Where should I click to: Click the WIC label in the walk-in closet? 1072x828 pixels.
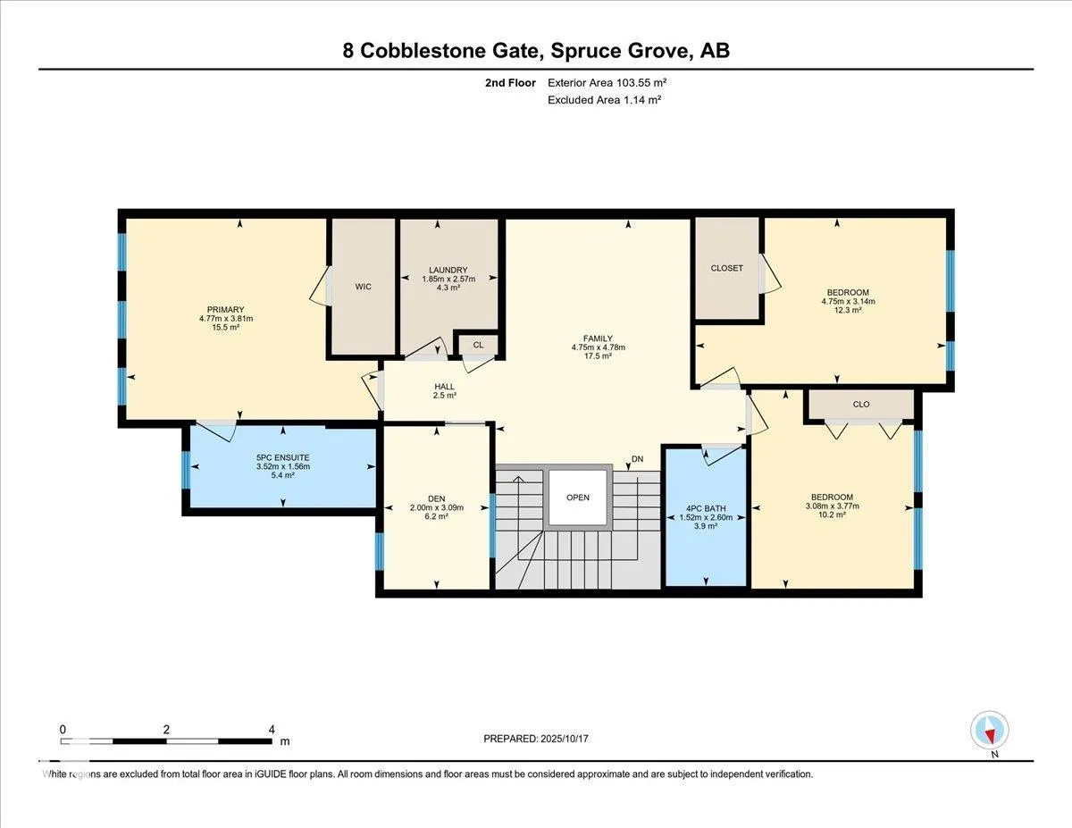pyautogui.click(x=363, y=287)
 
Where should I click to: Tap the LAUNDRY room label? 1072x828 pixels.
pyautogui.click(x=448, y=271)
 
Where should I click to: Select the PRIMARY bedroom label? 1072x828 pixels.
pyautogui.click(x=225, y=310)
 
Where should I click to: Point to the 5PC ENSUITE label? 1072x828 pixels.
pyautogui.click(x=282, y=457)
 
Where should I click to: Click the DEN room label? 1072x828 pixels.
pyautogui.click(x=436, y=498)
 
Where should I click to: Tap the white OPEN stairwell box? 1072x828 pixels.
pyautogui.click(x=578, y=498)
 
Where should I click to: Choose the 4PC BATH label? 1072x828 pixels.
pyautogui.click(x=706, y=508)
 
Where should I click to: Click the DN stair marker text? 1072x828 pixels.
pyautogui.click(x=637, y=459)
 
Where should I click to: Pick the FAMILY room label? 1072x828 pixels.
pyautogui.click(x=598, y=339)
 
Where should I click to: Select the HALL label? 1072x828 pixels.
pyautogui.click(x=445, y=387)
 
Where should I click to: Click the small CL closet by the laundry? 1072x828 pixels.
pyautogui.click(x=478, y=345)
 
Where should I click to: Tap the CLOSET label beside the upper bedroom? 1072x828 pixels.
pyautogui.click(x=726, y=268)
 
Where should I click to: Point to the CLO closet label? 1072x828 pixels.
pyautogui.click(x=861, y=405)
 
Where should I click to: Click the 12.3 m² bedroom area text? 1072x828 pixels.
pyautogui.click(x=848, y=310)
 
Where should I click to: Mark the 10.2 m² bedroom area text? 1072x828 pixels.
pyautogui.click(x=833, y=514)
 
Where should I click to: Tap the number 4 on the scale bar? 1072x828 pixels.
pyautogui.click(x=272, y=730)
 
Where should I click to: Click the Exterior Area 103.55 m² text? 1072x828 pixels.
pyautogui.click(x=607, y=83)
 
